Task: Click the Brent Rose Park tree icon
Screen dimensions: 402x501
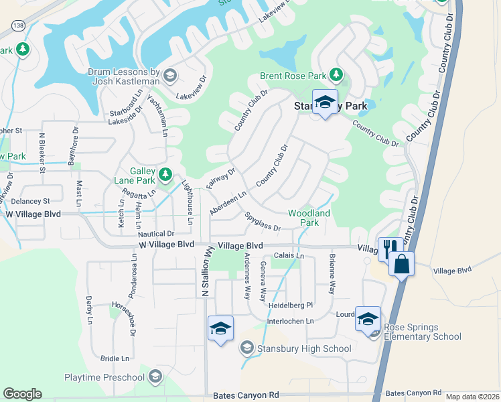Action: click(339, 74)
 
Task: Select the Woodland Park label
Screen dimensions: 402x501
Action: click(309, 218)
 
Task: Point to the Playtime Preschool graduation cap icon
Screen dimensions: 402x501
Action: click(156, 377)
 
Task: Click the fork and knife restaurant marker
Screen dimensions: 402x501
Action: click(388, 249)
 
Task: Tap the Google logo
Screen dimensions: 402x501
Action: click(22, 394)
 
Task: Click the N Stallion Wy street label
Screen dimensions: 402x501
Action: click(206, 271)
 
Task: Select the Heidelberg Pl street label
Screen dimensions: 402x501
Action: click(291, 306)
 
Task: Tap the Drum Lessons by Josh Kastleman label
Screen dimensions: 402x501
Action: click(123, 76)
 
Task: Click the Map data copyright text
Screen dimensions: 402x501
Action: click(472, 397)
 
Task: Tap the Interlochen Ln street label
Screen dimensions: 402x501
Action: click(290, 322)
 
